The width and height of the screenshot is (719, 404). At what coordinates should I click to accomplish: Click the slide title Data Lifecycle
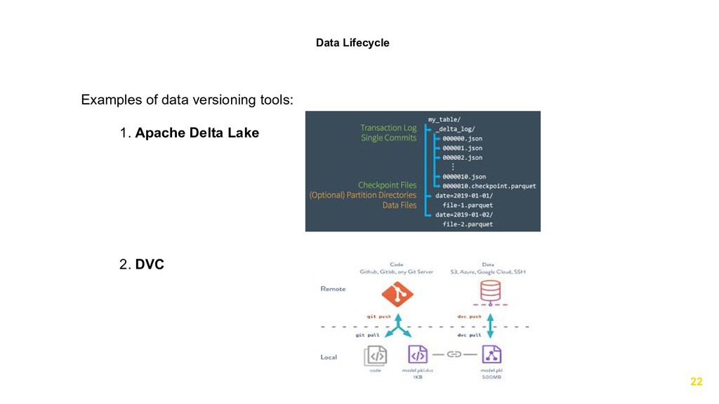click(352, 43)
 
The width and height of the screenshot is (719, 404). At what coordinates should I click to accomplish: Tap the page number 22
click(696, 382)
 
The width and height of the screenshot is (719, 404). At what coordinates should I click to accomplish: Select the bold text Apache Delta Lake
click(197, 133)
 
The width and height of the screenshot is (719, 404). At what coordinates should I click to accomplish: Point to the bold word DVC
click(150, 264)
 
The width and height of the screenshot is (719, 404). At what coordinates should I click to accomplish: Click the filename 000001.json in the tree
click(462, 149)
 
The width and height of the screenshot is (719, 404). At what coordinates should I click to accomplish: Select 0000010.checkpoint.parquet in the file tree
click(489, 186)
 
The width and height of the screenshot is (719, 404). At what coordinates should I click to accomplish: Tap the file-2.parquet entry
click(468, 224)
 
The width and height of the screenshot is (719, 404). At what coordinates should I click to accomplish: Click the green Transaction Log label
click(388, 128)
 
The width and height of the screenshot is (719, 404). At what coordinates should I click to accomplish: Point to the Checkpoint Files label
click(387, 185)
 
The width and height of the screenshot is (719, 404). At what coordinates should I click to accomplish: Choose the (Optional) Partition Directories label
click(363, 195)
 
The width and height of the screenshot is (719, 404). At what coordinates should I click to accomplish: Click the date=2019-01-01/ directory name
click(465, 196)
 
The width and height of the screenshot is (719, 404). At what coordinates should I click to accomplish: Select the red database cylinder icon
click(491, 291)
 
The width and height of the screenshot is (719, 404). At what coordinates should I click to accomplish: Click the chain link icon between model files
click(454, 354)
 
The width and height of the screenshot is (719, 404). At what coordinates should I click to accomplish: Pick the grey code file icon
click(375, 355)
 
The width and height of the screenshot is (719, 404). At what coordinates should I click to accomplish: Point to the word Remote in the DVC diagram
click(333, 289)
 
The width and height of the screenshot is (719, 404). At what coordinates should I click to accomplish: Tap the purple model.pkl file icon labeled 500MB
click(491, 355)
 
